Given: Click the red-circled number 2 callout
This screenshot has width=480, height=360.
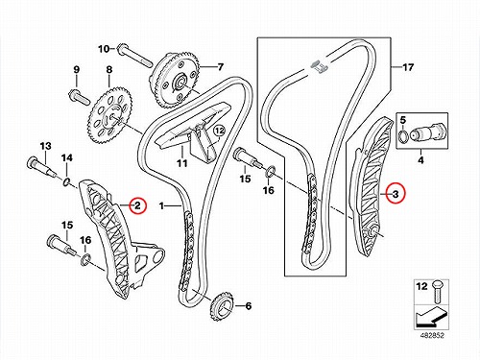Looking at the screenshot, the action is coord(137,205).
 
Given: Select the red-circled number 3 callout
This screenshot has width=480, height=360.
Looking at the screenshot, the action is coord(396,194).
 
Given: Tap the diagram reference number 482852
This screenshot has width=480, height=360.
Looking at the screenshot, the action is coord(431,335).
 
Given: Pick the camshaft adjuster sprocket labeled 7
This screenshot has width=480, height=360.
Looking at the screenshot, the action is coord(176,81).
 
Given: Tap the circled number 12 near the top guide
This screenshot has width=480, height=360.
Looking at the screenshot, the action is coord(220,131).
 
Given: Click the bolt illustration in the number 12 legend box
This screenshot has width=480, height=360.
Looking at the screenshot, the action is coord(437,292).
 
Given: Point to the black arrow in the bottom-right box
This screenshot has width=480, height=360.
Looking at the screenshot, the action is coord(430,317).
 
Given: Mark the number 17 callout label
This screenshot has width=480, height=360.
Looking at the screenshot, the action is coord(408,67).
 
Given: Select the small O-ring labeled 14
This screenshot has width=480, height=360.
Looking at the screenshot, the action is coord(66,181).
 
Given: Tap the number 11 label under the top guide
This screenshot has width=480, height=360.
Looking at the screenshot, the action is coord(182,163).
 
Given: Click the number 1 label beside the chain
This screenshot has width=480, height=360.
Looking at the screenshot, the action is coord(161,205).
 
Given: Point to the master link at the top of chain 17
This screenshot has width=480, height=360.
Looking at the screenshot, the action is coord(319,66).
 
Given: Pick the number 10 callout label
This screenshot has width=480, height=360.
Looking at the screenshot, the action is coord(104,49).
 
